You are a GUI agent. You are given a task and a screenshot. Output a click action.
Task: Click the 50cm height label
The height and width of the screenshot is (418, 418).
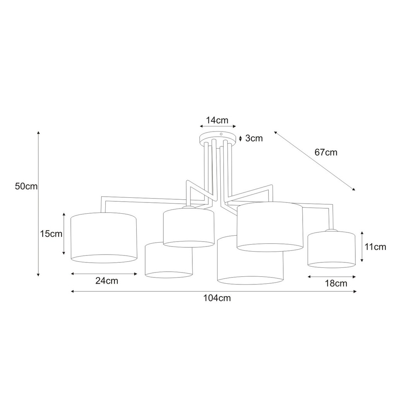tap(26, 186)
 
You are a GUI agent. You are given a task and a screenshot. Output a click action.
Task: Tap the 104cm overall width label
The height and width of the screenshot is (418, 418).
tap(217, 298)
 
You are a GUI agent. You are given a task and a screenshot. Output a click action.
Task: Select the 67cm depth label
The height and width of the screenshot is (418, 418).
tap(326, 152)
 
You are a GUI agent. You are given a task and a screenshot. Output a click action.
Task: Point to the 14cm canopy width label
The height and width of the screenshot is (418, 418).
tap(217, 120)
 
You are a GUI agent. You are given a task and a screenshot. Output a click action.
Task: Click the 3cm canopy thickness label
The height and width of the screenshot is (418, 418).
tap(254, 138)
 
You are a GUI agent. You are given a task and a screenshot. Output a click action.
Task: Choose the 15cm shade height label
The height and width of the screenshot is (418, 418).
tap(51, 234)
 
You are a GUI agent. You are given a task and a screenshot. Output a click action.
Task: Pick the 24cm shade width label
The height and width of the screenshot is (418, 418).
tap(107, 281)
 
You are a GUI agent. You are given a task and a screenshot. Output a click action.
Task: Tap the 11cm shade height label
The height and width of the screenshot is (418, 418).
tap(375, 247)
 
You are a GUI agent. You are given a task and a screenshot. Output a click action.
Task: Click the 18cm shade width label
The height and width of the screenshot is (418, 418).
tap(336, 283)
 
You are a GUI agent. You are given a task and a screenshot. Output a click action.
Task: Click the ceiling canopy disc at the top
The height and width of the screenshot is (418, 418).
tap(218, 138)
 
